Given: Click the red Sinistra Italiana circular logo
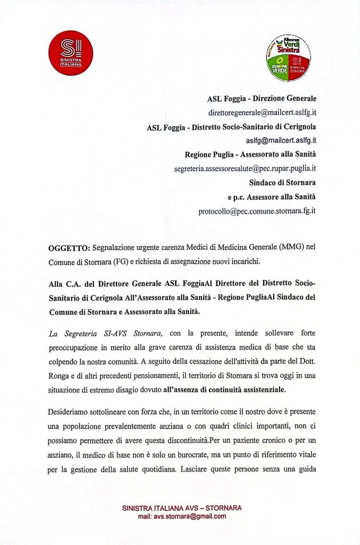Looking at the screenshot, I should pyautogui.click(x=71, y=53).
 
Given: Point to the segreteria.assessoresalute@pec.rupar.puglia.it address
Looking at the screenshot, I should pyautogui.click(x=246, y=169).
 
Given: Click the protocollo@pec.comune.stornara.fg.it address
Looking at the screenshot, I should pyautogui.click(x=257, y=210).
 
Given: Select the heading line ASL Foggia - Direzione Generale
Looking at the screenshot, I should pyautogui.click(x=261, y=99).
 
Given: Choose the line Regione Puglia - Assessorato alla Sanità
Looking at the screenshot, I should pyautogui.click(x=250, y=154).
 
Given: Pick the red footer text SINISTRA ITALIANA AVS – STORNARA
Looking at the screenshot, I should pyautogui.click(x=182, y=508).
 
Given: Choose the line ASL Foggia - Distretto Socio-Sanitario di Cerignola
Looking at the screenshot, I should pyautogui.click(x=231, y=127).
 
